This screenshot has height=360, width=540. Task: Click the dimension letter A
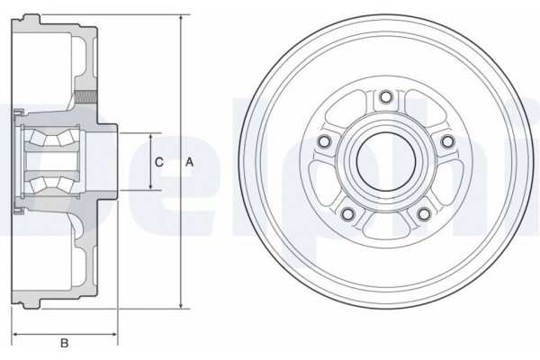click(189, 162)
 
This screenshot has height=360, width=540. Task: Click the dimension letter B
click(64, 343)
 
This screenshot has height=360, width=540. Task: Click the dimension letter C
click(158, 162)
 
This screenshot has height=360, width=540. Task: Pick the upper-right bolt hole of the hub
click(445, 141)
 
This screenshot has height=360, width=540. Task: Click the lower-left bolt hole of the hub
click(346, 213)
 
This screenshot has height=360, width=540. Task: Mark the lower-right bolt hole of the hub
click(422, 213)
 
